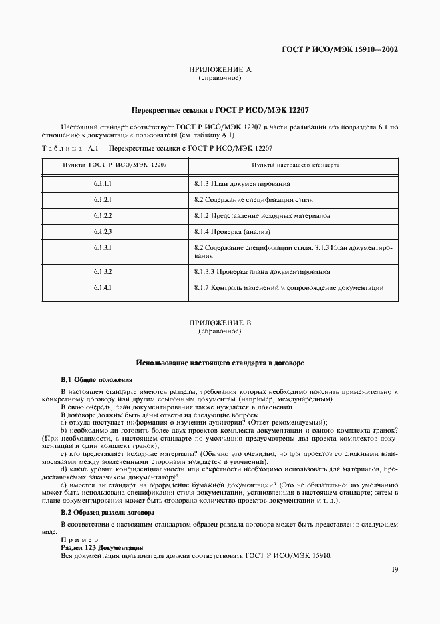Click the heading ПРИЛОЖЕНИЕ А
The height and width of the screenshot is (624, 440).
point(220,70)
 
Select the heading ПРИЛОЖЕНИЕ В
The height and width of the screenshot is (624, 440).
point(220,323)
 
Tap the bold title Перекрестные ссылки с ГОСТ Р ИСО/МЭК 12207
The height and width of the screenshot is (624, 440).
point(220,109)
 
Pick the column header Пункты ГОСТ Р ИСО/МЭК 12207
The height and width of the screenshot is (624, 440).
point(105,163)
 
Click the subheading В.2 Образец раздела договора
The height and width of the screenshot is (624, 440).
point(107,512)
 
